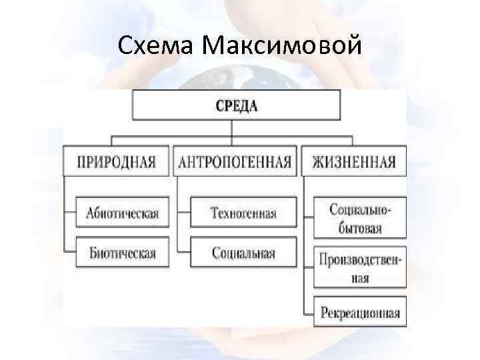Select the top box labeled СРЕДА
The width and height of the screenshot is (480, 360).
point(236,105)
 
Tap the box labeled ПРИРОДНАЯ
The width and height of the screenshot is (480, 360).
point(117,162)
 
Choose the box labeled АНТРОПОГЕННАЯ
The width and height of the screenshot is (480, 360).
point(235,162)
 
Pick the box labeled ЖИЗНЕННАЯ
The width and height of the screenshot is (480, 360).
point(353,162)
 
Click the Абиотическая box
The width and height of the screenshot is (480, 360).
point(122,213)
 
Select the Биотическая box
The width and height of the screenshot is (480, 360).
point(122,253)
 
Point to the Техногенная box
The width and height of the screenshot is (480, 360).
point(243,213)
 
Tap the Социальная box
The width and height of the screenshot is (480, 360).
point(243,253)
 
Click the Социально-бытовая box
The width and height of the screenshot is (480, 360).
point(360,219)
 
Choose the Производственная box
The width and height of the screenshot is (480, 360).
point(360,268)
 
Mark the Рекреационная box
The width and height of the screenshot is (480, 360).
point(360,311)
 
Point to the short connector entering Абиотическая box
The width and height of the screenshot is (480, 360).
point(71,213)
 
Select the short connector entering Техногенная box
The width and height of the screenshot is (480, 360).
point(183,213)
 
